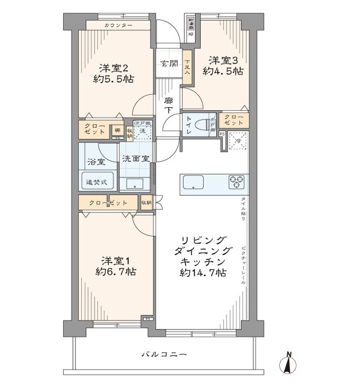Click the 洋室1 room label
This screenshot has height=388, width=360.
(115, 259)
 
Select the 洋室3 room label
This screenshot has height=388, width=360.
(222, 59)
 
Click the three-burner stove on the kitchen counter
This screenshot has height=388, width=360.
(237, 181)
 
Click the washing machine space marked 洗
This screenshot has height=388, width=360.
(143, 131)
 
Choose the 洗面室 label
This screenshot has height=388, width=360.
(136, 159)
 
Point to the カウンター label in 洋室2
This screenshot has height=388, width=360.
(118, 25)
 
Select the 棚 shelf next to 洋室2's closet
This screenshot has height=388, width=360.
(118, 130)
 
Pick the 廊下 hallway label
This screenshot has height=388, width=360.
(169, 106)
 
